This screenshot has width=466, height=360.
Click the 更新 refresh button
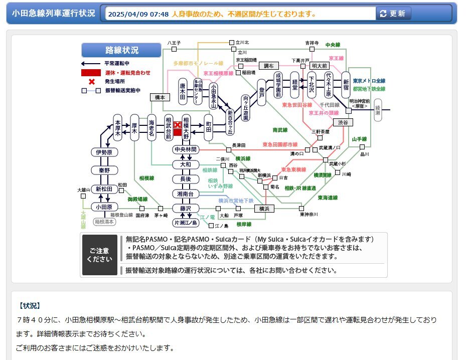[394, 14]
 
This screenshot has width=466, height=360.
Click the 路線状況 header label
[122, 50]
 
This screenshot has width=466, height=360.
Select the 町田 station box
[209, 126]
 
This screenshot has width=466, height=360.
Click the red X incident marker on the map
[177, 125]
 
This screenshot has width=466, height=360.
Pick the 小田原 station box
[104, 207]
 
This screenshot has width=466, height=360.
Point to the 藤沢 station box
[186, 208]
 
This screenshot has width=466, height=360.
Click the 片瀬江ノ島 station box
[186, 222]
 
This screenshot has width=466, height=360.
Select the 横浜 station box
[264, 208]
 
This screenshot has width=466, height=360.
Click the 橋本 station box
[160, 98]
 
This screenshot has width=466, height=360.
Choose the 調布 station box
[268, 66]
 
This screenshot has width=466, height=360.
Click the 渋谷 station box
[343, 122]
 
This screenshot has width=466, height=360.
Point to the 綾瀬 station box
[378, 110]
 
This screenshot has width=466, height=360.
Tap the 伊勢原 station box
[104, 152]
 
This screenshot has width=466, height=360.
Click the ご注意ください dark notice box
[100, 255]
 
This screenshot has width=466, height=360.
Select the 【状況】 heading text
[29, 305]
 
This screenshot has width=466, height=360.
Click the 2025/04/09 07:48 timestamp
[138, 14]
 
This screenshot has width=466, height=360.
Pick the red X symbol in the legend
[92, 81]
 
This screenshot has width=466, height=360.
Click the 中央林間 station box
[186, 150]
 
